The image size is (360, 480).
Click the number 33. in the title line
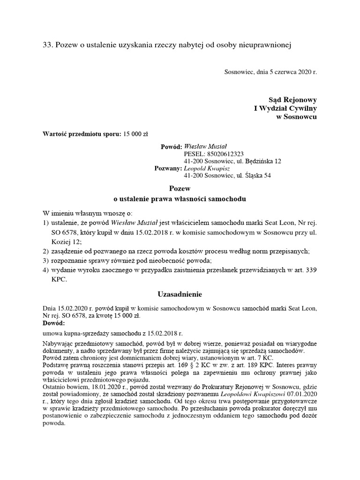click(x=48, y=45)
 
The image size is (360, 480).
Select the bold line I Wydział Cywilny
click(x=285, y=108)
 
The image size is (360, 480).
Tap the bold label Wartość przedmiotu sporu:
click(x=82, y=134)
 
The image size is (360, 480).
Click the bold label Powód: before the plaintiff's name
click(x=171, y=147)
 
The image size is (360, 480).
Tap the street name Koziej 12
click(x=66, y=241)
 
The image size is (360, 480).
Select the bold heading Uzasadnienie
click(x=180, y=294)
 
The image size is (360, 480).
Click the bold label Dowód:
click(x=54, y=323)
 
